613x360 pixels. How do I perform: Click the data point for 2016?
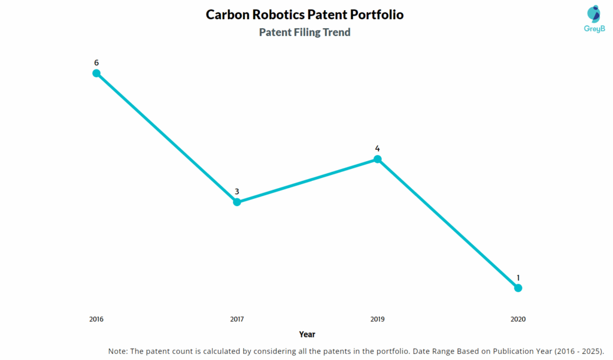(96, 73)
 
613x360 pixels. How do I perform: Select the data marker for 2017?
(237, 202)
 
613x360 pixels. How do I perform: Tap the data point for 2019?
(378, 159)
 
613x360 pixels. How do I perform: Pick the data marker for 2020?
(518, 288)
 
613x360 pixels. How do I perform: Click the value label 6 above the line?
(96, 62)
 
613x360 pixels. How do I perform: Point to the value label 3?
(237, 192)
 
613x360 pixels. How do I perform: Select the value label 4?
(378, 149)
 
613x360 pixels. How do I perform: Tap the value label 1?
(518, 278)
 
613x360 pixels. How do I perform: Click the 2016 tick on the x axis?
(96, 319)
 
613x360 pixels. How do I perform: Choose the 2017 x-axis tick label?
(237, 319)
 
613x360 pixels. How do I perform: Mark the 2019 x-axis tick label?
(378, 319)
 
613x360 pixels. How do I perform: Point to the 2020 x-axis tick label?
(518, 319)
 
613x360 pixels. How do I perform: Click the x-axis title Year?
(307, 334)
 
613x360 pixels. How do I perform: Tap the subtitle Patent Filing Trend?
(305, 32)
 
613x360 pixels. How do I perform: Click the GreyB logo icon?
(594, 14)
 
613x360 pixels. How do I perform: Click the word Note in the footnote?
(118, 351)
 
